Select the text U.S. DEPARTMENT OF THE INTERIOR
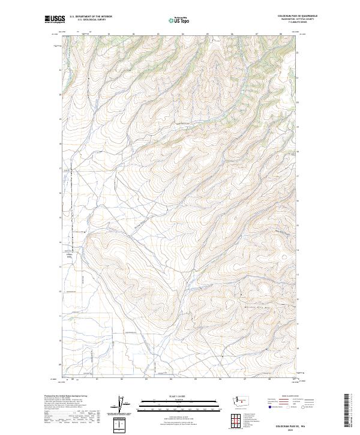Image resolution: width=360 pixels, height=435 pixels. [x=91, y=17]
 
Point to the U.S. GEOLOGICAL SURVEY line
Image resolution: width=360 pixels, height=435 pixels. [x=91, y=20]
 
